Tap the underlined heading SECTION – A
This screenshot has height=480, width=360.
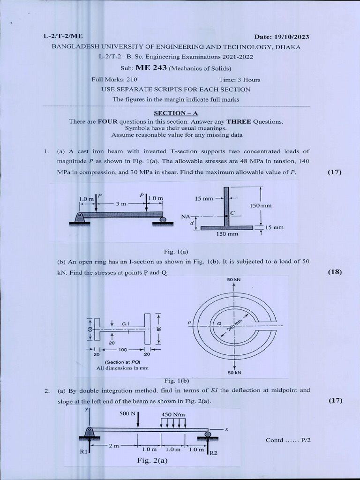176,113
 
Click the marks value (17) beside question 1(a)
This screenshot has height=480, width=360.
335,172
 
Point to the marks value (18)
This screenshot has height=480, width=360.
335,272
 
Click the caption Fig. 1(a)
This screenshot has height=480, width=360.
176,252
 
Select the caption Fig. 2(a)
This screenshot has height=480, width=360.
152,460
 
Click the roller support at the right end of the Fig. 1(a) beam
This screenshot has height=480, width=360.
162,219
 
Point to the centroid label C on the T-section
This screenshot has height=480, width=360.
232,213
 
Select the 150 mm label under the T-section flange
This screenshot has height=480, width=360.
227,233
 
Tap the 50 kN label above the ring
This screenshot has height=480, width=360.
233,280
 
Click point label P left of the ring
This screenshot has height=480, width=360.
189,323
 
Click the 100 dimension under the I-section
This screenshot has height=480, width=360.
123,350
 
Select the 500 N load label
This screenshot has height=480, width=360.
127,414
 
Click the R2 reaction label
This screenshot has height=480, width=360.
213,453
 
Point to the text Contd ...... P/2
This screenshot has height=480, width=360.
285,440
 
